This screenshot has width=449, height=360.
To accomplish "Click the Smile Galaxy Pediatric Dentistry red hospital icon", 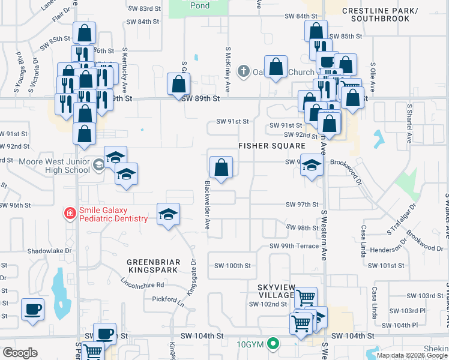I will pyautogui.click(x=70, y=213).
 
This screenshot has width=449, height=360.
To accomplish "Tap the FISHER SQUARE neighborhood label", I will pyautogui.click(x=272, y=146).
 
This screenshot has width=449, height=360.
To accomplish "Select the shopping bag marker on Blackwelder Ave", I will pyautogui.click(x=221, y=167).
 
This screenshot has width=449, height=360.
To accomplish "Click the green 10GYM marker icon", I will pyautogui.click(x=274, y=344).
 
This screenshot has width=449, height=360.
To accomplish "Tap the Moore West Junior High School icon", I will pyautogui.click(x=97, y=164).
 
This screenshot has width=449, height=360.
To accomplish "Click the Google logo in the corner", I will pyautogui.click(x=20, y=352).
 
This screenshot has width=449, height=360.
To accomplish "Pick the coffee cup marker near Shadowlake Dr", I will pyautogui.click(x=32, y=309).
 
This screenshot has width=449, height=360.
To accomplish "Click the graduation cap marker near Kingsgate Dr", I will pyautogui.click(x=169, y=214).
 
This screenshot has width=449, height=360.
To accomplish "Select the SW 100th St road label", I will pyautogui.click(x=233, y=266).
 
